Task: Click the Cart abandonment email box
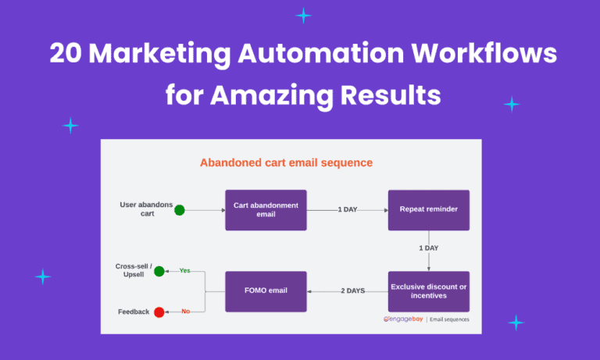(266, 210)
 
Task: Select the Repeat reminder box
(428, 210)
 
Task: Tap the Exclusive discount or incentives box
(428, 290)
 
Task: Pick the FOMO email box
(266, 290)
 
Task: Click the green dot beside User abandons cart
(179, 209)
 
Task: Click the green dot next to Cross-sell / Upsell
(159, 271)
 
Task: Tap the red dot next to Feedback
(159, 312)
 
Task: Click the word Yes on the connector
(185, 271)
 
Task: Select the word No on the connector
(185, 312)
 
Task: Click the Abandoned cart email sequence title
(286, 163)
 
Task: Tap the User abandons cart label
(145, 209)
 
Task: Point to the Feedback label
(134, 312)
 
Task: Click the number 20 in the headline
(66, 54)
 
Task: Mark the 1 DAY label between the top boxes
(348, 210)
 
